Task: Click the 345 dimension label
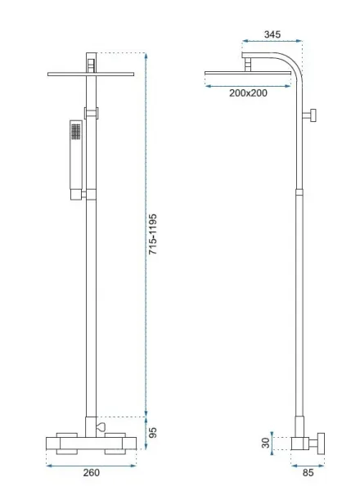point(272,34)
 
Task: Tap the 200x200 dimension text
point(248,93)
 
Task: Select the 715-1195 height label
point(152,234)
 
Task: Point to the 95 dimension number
point(152,432)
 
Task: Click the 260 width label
point(91,472)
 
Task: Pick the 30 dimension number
point(265,443)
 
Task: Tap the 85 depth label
point(308,473)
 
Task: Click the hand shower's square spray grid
point(76,131)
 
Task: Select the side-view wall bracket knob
point(313,115)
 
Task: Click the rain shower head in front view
point(91,74)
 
